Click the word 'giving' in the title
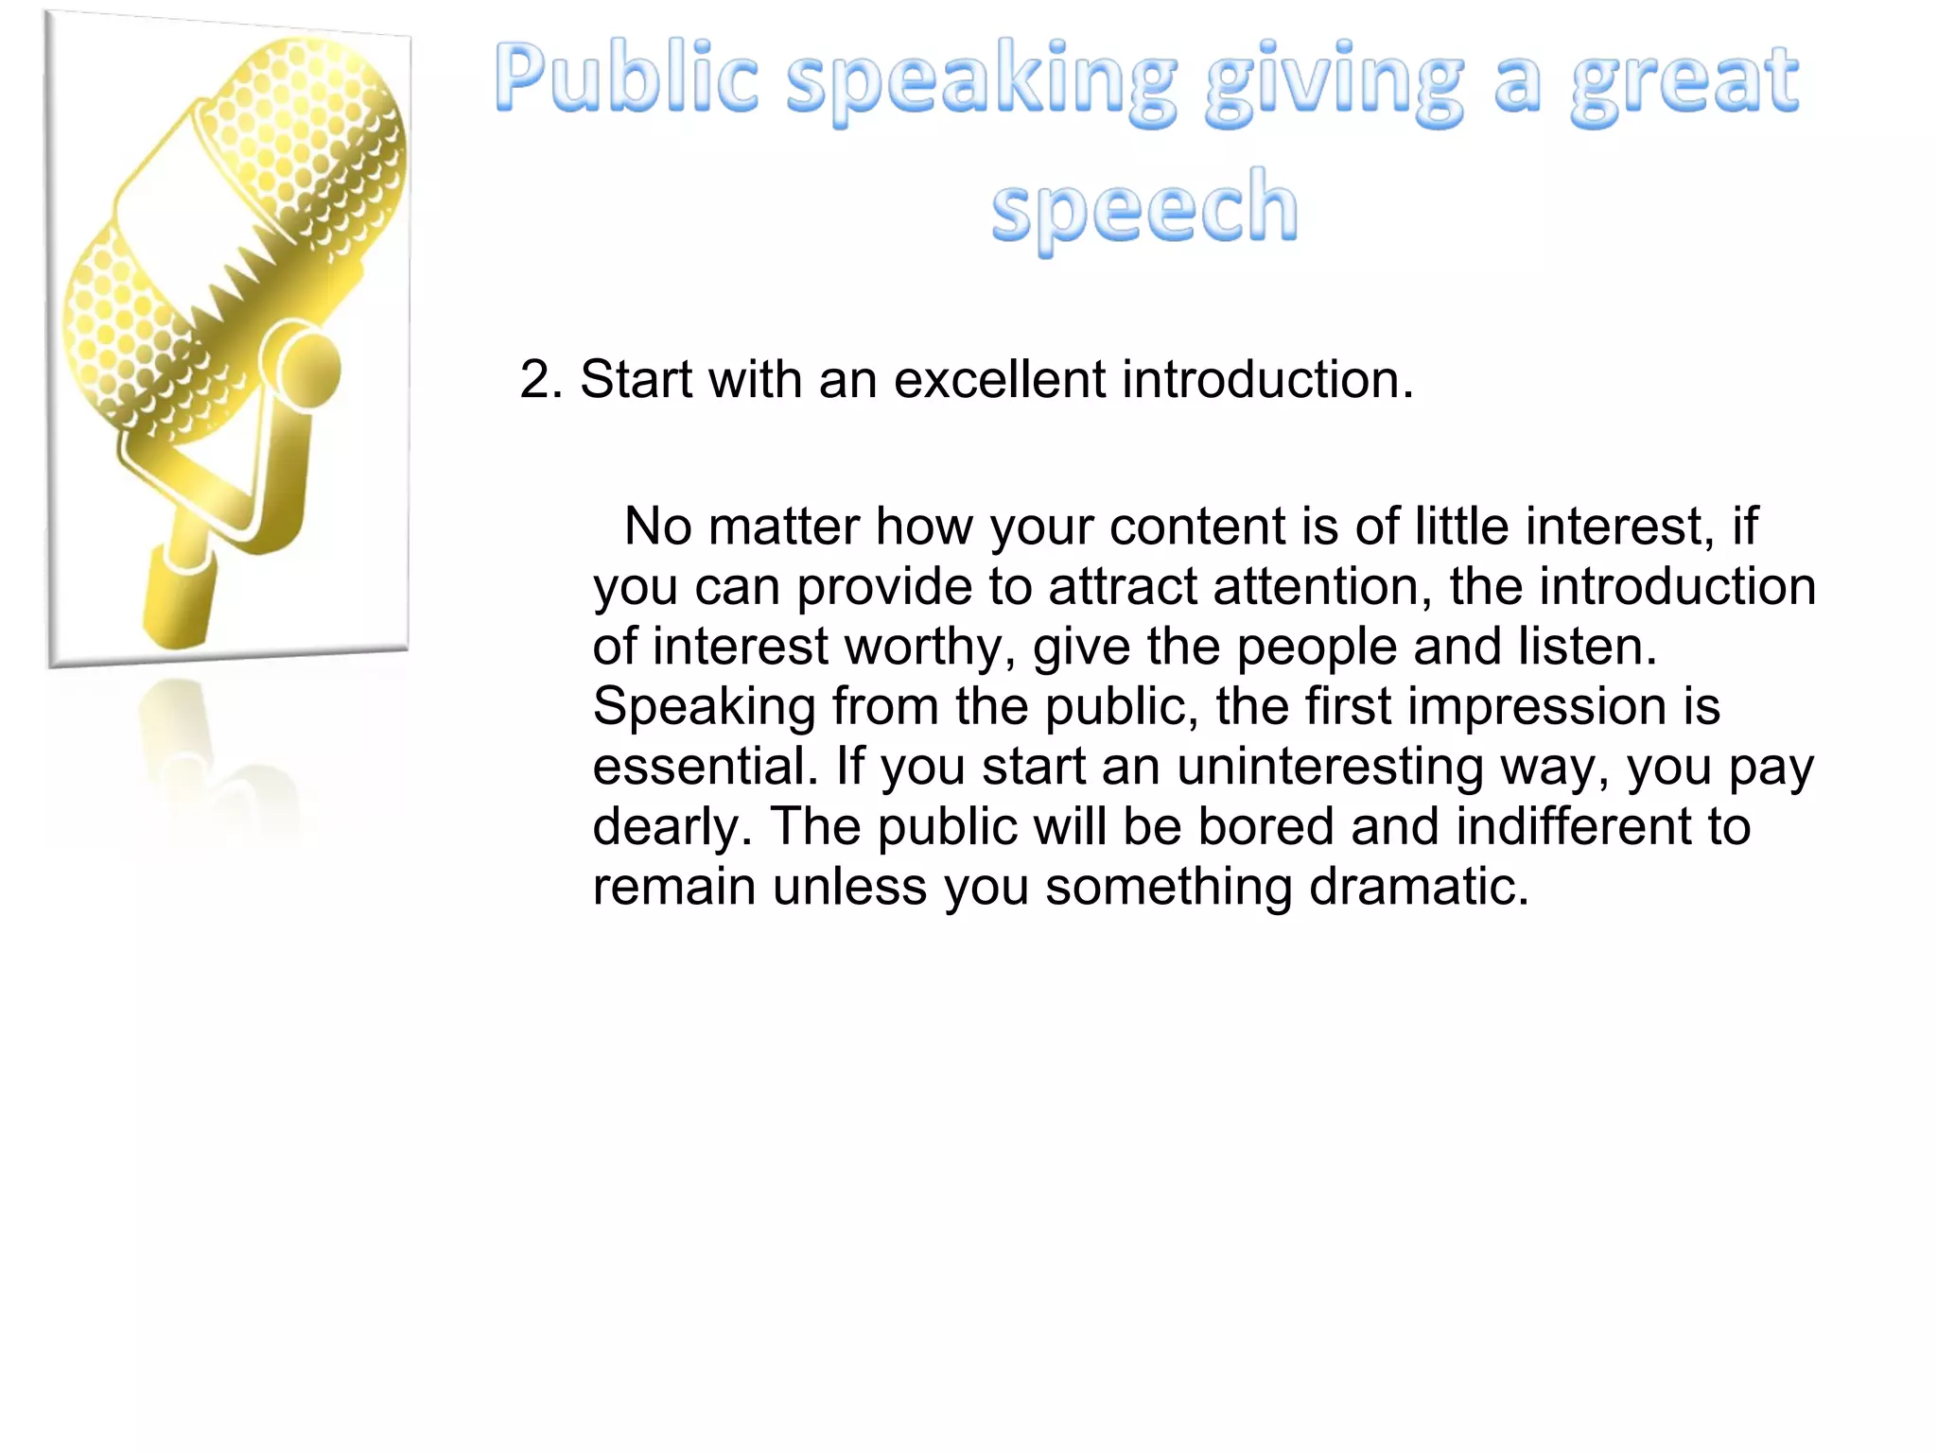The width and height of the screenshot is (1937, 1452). (x=1334, y=83)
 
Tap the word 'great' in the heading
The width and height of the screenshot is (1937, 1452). (x=1684, y=83)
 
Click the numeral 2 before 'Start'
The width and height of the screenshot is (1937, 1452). (x=535, y=380)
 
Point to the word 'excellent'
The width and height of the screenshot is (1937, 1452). (x=999, y=380)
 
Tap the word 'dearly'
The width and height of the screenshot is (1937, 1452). (x=672, y=828)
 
